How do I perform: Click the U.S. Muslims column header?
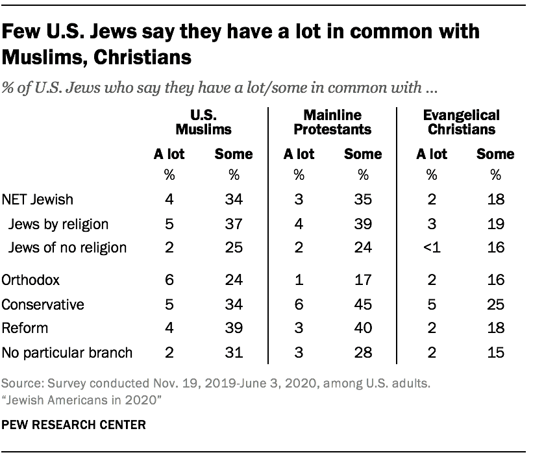(202, 122)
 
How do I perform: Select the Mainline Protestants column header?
(332, 122)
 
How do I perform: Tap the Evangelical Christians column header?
(461, 122)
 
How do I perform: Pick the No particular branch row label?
(68, 353)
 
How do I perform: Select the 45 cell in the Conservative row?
(363, 303)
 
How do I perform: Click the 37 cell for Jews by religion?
(233, 225)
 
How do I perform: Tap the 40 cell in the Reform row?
(363, 328)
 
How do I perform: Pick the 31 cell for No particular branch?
(233, 353)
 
